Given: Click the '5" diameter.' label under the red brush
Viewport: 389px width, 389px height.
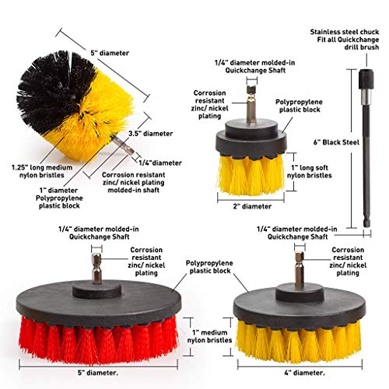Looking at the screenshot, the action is (98, 373).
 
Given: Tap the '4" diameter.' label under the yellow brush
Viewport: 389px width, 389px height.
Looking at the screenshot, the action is (304, 373).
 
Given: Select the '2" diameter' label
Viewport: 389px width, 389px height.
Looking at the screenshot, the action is (252, 206).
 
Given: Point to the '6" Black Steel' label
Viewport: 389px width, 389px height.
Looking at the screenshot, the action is (336, 142).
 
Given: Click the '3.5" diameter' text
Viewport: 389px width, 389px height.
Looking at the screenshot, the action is (151, 134).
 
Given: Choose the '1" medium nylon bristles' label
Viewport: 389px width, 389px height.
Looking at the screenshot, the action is (209, 336).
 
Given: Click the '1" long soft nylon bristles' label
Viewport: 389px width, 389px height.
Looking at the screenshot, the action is (310, 171).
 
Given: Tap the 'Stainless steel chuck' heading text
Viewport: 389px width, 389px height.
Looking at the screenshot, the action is (345, 32).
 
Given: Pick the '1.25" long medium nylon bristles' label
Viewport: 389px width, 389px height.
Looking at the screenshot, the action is (42, 171).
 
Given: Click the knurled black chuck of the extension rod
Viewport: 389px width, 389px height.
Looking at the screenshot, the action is (366, 79).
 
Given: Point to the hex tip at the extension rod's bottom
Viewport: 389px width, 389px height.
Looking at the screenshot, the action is (367, 223).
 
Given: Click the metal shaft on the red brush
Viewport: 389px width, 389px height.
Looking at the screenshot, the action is (96, 268).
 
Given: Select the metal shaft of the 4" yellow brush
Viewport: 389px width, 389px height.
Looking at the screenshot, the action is (300, 269).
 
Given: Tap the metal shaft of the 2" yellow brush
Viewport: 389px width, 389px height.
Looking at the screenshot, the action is (251, 105).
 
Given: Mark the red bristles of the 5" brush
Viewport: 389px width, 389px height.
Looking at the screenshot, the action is (99, 341).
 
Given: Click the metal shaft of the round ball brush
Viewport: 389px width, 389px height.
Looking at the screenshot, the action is (123, 145).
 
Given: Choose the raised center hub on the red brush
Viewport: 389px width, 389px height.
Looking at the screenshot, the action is (96, 290).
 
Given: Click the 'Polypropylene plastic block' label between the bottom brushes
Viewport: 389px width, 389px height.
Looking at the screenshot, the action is (209, 267).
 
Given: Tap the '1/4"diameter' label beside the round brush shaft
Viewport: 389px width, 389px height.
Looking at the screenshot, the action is (160, 163).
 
